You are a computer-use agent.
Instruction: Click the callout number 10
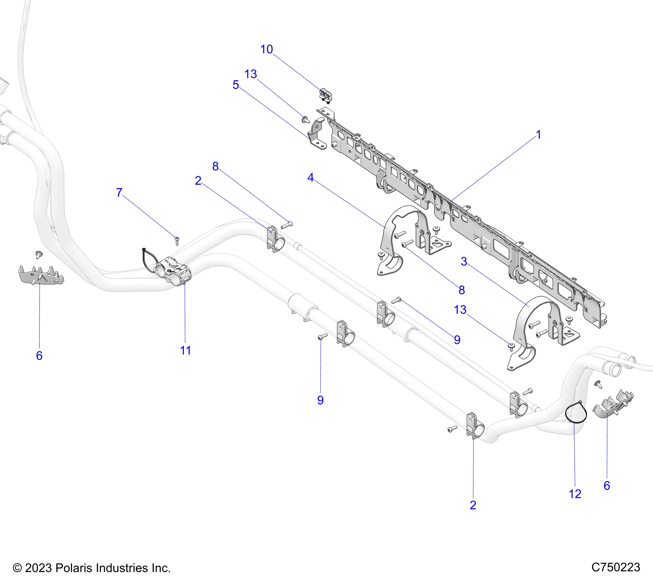click(x=266, y=49)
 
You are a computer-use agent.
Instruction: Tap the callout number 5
click(x=236, y=85)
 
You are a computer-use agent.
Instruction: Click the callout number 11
click(x=185, y=351)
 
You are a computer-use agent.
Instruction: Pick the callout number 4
click(x=311, y=178)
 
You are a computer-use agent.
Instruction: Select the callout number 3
click(x=464, y=262)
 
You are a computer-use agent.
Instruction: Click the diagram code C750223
click(x=616, y=567)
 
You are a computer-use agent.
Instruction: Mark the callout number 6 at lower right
click(x=607, y=486)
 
